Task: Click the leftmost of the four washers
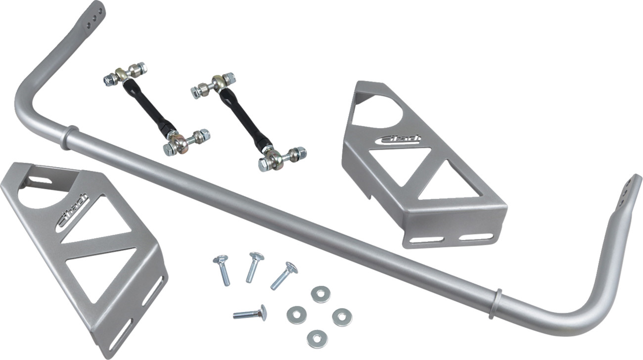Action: (x=296, y=314)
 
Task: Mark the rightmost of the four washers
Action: (x=341, y=317)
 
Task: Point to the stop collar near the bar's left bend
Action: (x=70, y=138)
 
